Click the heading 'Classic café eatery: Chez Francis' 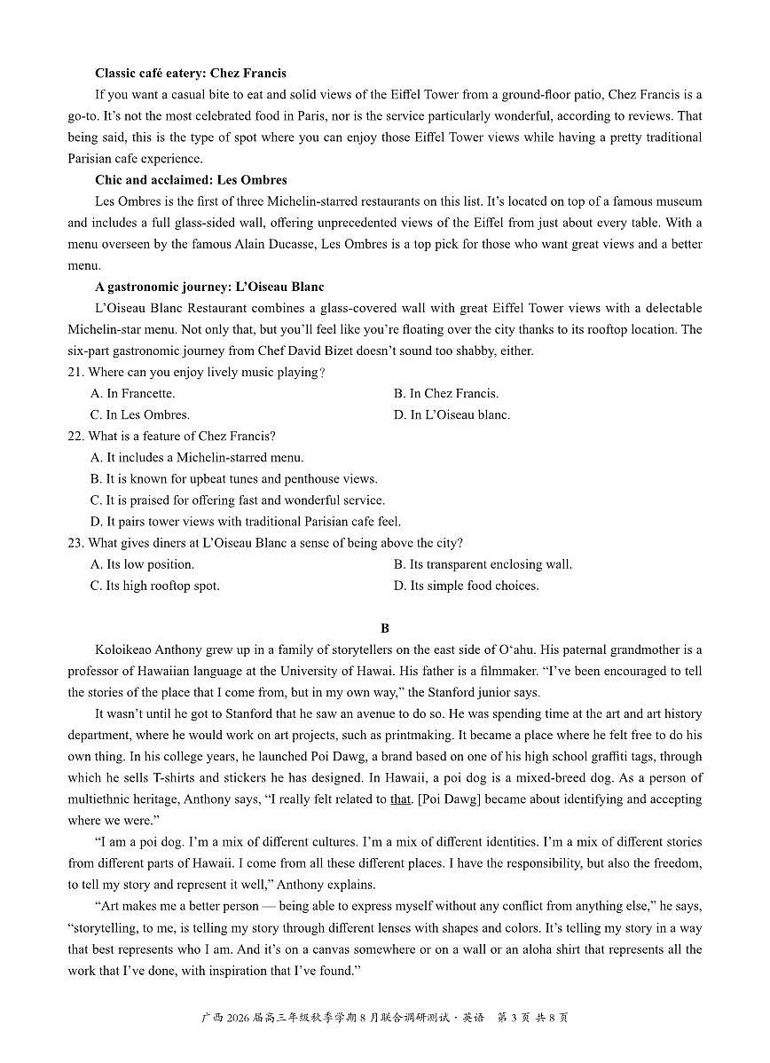190,73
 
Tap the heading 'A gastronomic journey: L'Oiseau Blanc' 209,287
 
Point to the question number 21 75,372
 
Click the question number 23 75,543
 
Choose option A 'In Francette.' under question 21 132,393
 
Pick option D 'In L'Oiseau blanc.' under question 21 452,414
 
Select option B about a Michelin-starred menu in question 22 197,458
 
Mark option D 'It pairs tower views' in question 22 245,522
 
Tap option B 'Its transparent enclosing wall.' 483,564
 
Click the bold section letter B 385,628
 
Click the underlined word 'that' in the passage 401,799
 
